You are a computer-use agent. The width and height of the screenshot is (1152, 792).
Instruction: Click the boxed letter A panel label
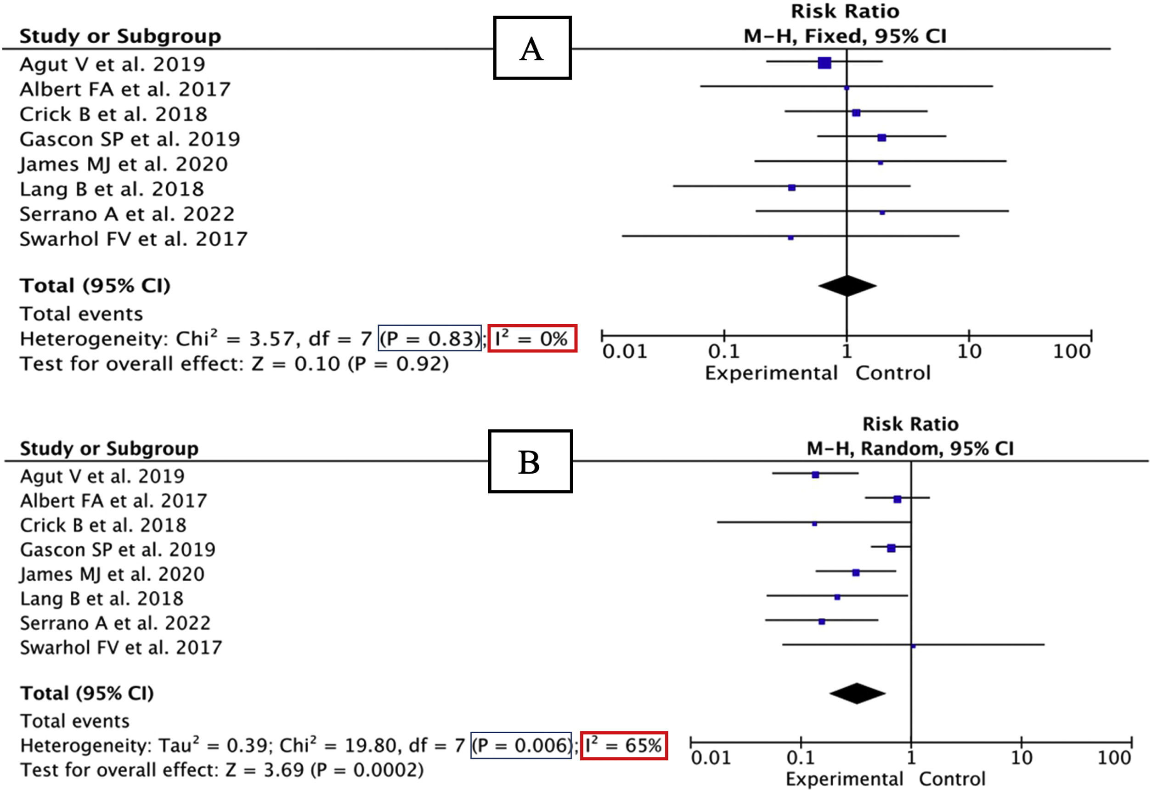(532, 48)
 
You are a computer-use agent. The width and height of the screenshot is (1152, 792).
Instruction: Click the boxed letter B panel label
(530, 461)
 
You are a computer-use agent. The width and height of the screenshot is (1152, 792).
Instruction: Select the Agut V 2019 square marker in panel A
(824, 63)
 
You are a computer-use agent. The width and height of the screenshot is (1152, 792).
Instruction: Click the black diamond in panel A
(847, 286)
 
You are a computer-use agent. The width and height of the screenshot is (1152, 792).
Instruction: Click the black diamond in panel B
(857, 693)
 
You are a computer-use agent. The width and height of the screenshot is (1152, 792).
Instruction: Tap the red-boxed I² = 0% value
(532, 339)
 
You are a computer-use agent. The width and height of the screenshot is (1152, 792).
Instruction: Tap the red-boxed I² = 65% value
(624, 745)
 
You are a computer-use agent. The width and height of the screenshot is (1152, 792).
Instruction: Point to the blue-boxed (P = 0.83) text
(429, 339)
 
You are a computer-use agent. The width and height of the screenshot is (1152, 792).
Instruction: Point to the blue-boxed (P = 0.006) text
(521, 745)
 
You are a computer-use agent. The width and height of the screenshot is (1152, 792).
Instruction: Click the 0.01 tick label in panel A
(624, 352)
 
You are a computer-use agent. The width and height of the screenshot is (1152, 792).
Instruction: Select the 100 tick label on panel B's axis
(1114, 758)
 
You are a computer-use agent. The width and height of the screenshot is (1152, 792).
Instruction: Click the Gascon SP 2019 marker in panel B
(891, 548)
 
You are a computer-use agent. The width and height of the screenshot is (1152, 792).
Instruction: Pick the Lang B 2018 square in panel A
(792, 187)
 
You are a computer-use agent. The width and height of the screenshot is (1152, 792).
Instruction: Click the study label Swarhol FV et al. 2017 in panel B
(120, 648)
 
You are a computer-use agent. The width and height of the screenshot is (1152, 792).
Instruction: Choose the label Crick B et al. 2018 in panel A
(113, 114)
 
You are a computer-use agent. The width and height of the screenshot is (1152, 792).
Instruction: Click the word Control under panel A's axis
(893, 373)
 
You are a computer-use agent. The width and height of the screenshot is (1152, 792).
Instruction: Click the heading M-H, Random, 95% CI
(910, 449)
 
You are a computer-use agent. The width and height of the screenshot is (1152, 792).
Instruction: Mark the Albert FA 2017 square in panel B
(897, 499)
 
